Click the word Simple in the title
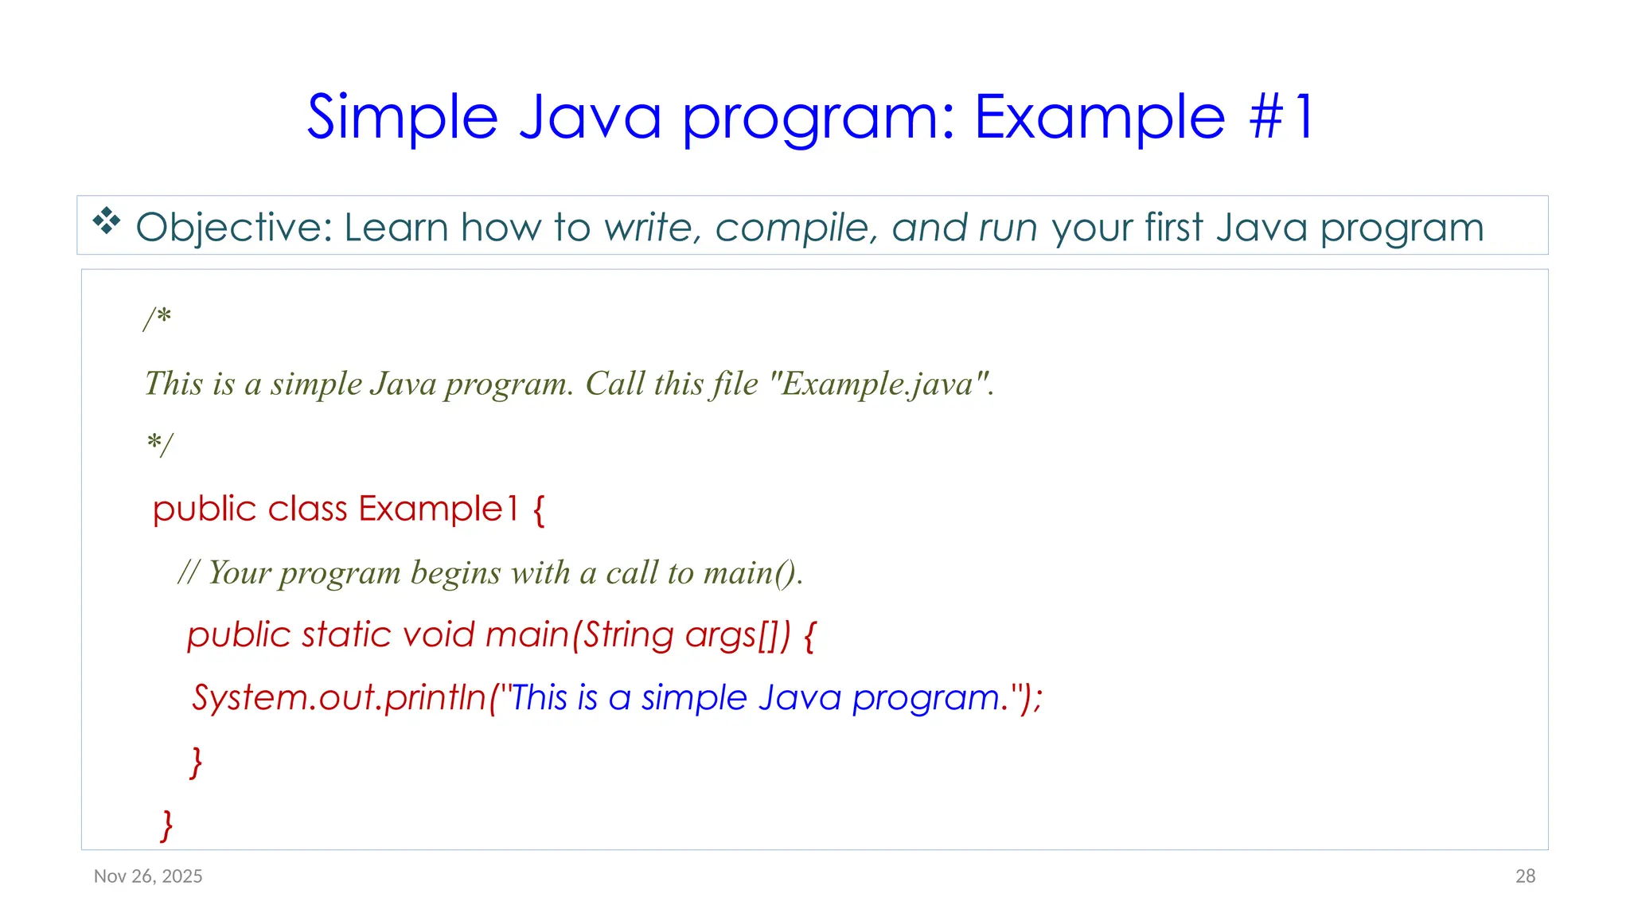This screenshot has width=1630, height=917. (x=402, y=118)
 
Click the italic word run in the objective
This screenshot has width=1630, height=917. (x=1008, y=228)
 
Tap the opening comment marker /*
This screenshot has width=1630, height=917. (x=158, y=318)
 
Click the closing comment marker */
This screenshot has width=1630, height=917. (x=159, y=444)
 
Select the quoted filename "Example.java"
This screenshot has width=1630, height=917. (x=879, y=384)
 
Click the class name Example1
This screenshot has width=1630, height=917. (x=438, y=509)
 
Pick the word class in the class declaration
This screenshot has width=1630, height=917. (x=307, y=509)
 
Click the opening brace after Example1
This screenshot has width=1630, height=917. (x=539, y=509)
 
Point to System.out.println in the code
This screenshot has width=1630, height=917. (x=339, y=697)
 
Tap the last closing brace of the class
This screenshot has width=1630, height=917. (x=166, y=825)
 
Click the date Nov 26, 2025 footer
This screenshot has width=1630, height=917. (x=148, y=876)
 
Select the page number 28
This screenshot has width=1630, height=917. (x=1525, y=876)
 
